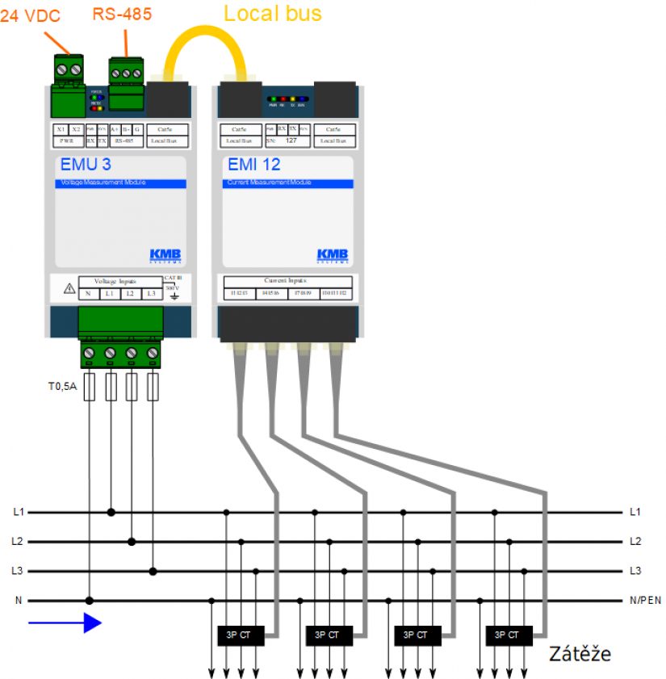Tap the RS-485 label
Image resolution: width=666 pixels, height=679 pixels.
click(122, 14)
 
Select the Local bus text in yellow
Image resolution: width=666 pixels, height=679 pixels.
click(272, 13)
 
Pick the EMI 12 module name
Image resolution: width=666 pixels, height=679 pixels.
click(254, 166)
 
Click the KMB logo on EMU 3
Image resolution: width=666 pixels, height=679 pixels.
click(165, 256)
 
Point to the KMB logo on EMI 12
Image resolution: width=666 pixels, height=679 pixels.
click(333, 256)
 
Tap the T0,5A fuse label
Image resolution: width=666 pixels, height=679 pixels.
click(62, 387)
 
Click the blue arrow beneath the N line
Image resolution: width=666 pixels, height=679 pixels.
click(65, 622)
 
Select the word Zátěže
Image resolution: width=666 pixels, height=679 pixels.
click(580, 653)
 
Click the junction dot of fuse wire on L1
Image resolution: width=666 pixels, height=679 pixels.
click(111, 512)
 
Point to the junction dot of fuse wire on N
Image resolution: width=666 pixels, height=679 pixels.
click(90, 601)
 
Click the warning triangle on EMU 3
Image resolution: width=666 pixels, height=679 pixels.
click(69, 289)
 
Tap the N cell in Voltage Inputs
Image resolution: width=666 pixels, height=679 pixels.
click(88, 293)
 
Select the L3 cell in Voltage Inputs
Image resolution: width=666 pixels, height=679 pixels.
click(150, 293)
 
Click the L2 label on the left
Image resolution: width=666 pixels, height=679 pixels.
click(18, 542)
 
